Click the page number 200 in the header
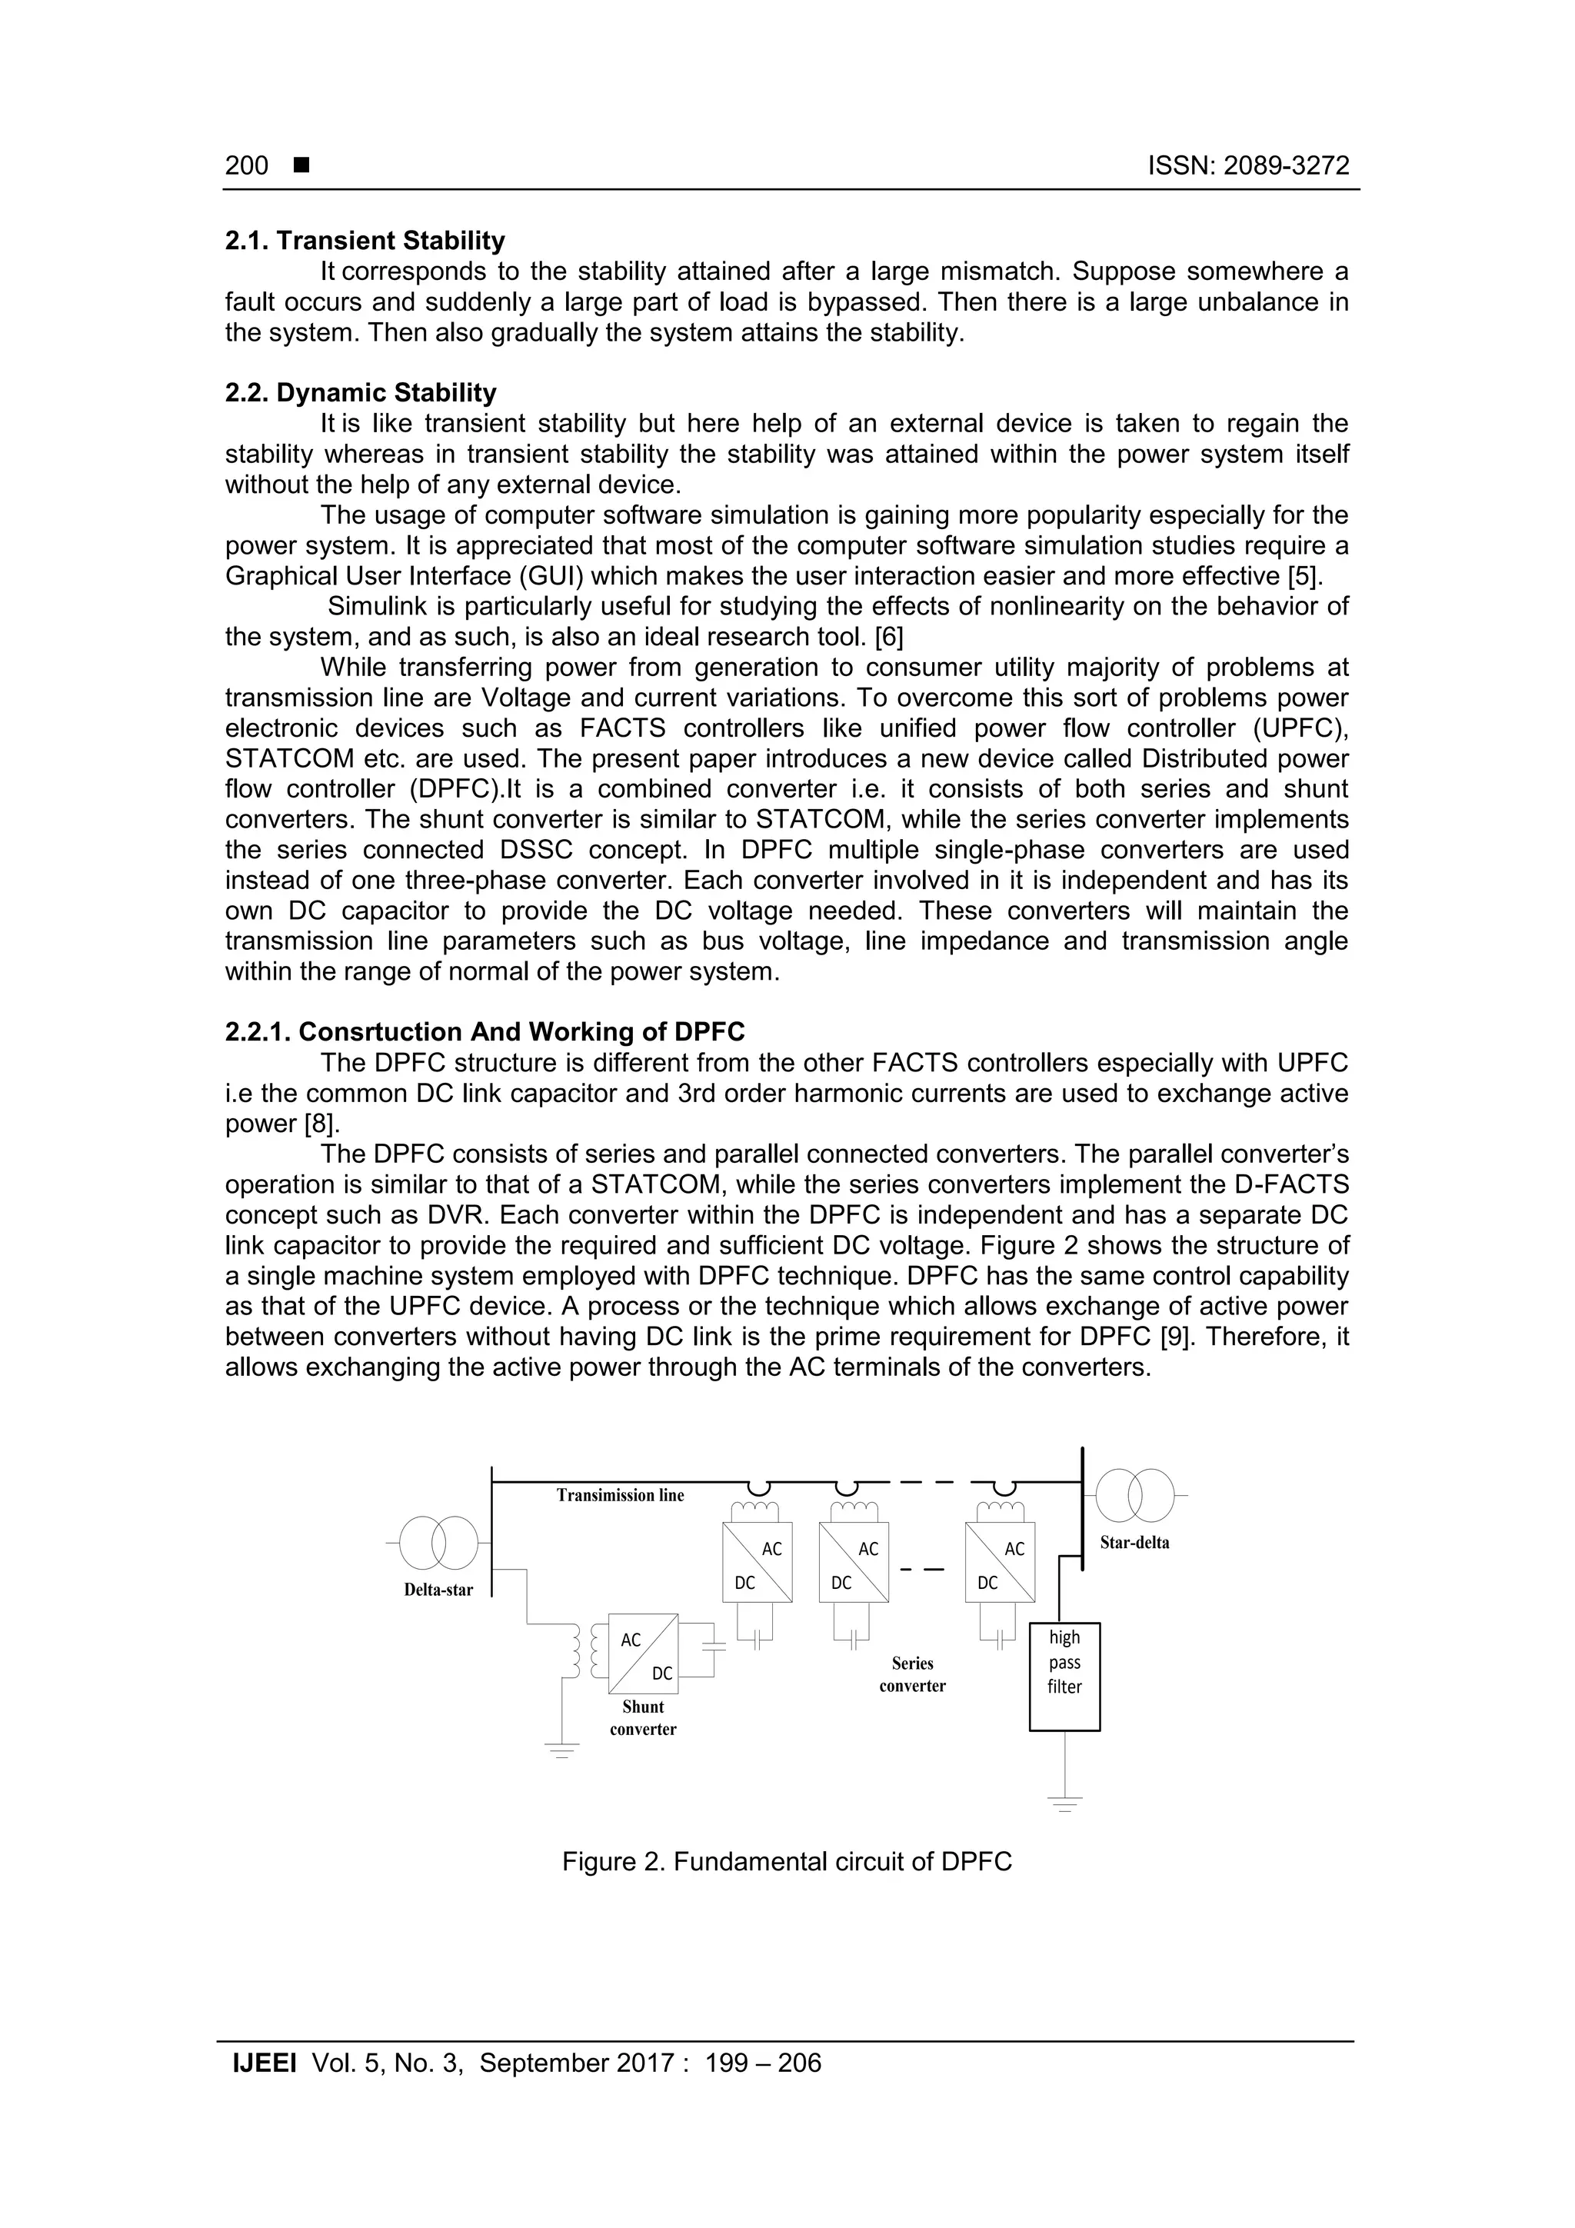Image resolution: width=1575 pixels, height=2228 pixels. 247,166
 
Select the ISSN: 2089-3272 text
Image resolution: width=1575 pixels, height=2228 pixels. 1248,166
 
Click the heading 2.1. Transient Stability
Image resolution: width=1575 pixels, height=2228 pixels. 365,241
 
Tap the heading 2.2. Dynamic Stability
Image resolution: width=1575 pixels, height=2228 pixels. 360,393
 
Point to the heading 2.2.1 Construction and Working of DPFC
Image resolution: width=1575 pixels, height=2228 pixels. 484,1031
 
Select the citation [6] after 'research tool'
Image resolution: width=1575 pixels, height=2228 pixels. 889,638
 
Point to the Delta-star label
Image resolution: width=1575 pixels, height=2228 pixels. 438,1590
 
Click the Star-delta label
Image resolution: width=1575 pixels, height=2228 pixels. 1134,1543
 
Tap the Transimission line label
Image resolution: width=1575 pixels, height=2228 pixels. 620,1495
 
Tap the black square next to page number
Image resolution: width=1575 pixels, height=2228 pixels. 301,166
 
